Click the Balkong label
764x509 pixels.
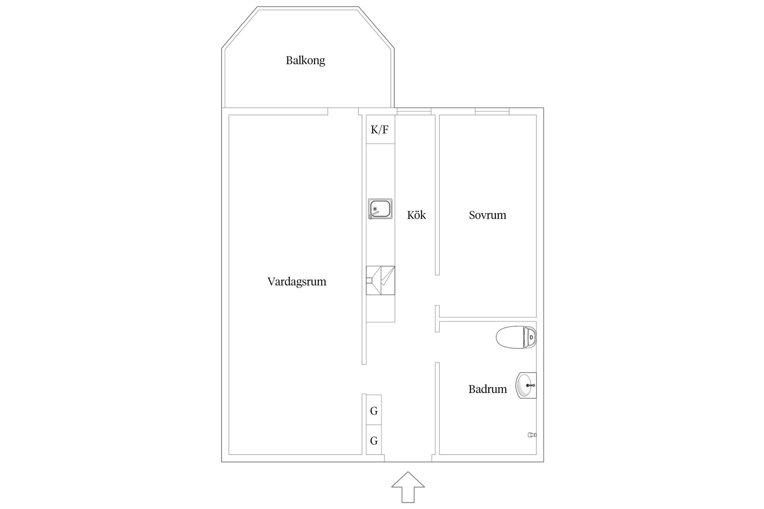pyautogui.click(x=305, y=60)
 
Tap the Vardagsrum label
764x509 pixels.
pyautogui.click(x=296, y=282)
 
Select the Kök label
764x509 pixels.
pyautogui.click(x=416, y=215)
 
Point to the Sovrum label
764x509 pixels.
pyautogui.click(x=487, y=215)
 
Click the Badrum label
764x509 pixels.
pyautogui.click(x=487, y=389)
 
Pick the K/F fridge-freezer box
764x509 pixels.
pyautogui.click(x=380, y=130)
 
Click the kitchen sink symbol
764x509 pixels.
pyautogui.click(x=380, y=209)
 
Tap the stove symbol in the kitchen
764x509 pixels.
pyautogui.click(x=380, y=280)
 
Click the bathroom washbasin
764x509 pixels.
pyautogui.click(x=526, y=385)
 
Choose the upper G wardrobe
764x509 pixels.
pyautogui.click(x=374, y=410)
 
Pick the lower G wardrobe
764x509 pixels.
pyautogui.click(x=374, y=440)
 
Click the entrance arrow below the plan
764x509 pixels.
pyautogui.click(x=408, y=487)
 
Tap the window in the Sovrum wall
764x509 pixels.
pyautogui.click(x=492, y=112)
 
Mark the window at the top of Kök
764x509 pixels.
pyautogui.click(x=414, y=112)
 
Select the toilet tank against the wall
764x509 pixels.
pyautogui.click(x=530, y=338)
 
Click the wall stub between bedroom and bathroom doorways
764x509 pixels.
pyautogui.click(x=437, y=319)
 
